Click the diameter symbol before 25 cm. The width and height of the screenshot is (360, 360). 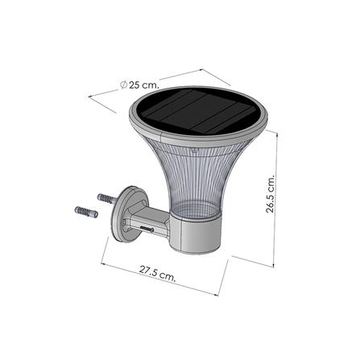122,84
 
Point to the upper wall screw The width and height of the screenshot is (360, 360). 109,197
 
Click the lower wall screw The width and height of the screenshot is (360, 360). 85,213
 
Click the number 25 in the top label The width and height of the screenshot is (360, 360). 134,85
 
